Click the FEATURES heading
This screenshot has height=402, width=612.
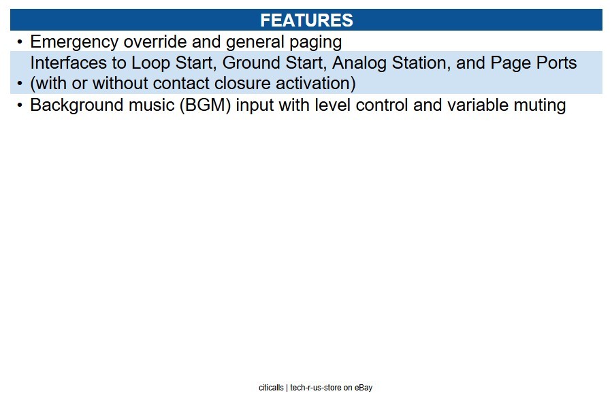click(306, 20)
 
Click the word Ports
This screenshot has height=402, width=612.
click(557, 63)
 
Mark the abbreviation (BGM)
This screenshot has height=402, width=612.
click(206, 105)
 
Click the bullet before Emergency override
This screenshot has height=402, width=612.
click(20, 41)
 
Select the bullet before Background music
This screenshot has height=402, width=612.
click(20, 105)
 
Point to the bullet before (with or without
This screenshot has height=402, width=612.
click(20, 84)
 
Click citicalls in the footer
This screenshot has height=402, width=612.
click(271, 388)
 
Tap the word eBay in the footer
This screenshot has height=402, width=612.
click(364, 388)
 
